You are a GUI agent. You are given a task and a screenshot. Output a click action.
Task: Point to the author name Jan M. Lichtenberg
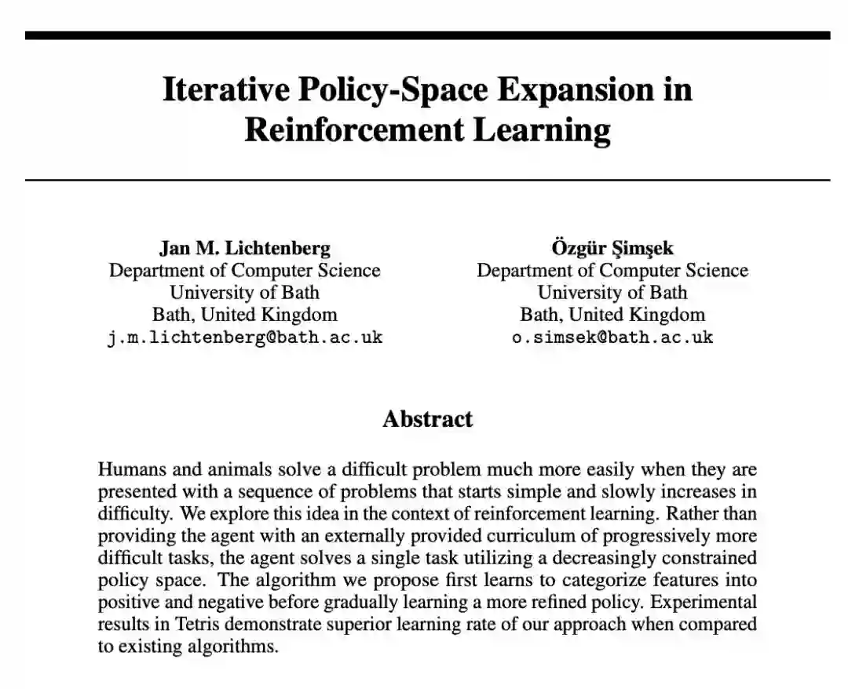[x=245, y=249]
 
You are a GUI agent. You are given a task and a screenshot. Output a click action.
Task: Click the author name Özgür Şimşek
[x=612, y=249]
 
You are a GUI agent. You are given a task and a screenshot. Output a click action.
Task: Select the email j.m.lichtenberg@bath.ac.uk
[x=245, y=338]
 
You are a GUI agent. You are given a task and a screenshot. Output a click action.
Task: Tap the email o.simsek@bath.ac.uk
[x=612, y=338]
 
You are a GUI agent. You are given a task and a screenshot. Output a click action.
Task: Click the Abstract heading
[x=428, y=419]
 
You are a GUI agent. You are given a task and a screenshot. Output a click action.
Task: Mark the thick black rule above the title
[x=428, y=35]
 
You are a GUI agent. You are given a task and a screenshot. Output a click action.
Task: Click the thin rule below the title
[x=428, y=180]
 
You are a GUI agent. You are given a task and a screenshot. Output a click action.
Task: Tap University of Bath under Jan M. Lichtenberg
[x=245, y=293]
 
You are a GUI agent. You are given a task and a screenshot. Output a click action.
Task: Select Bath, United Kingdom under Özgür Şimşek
[x=612, y=315]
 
